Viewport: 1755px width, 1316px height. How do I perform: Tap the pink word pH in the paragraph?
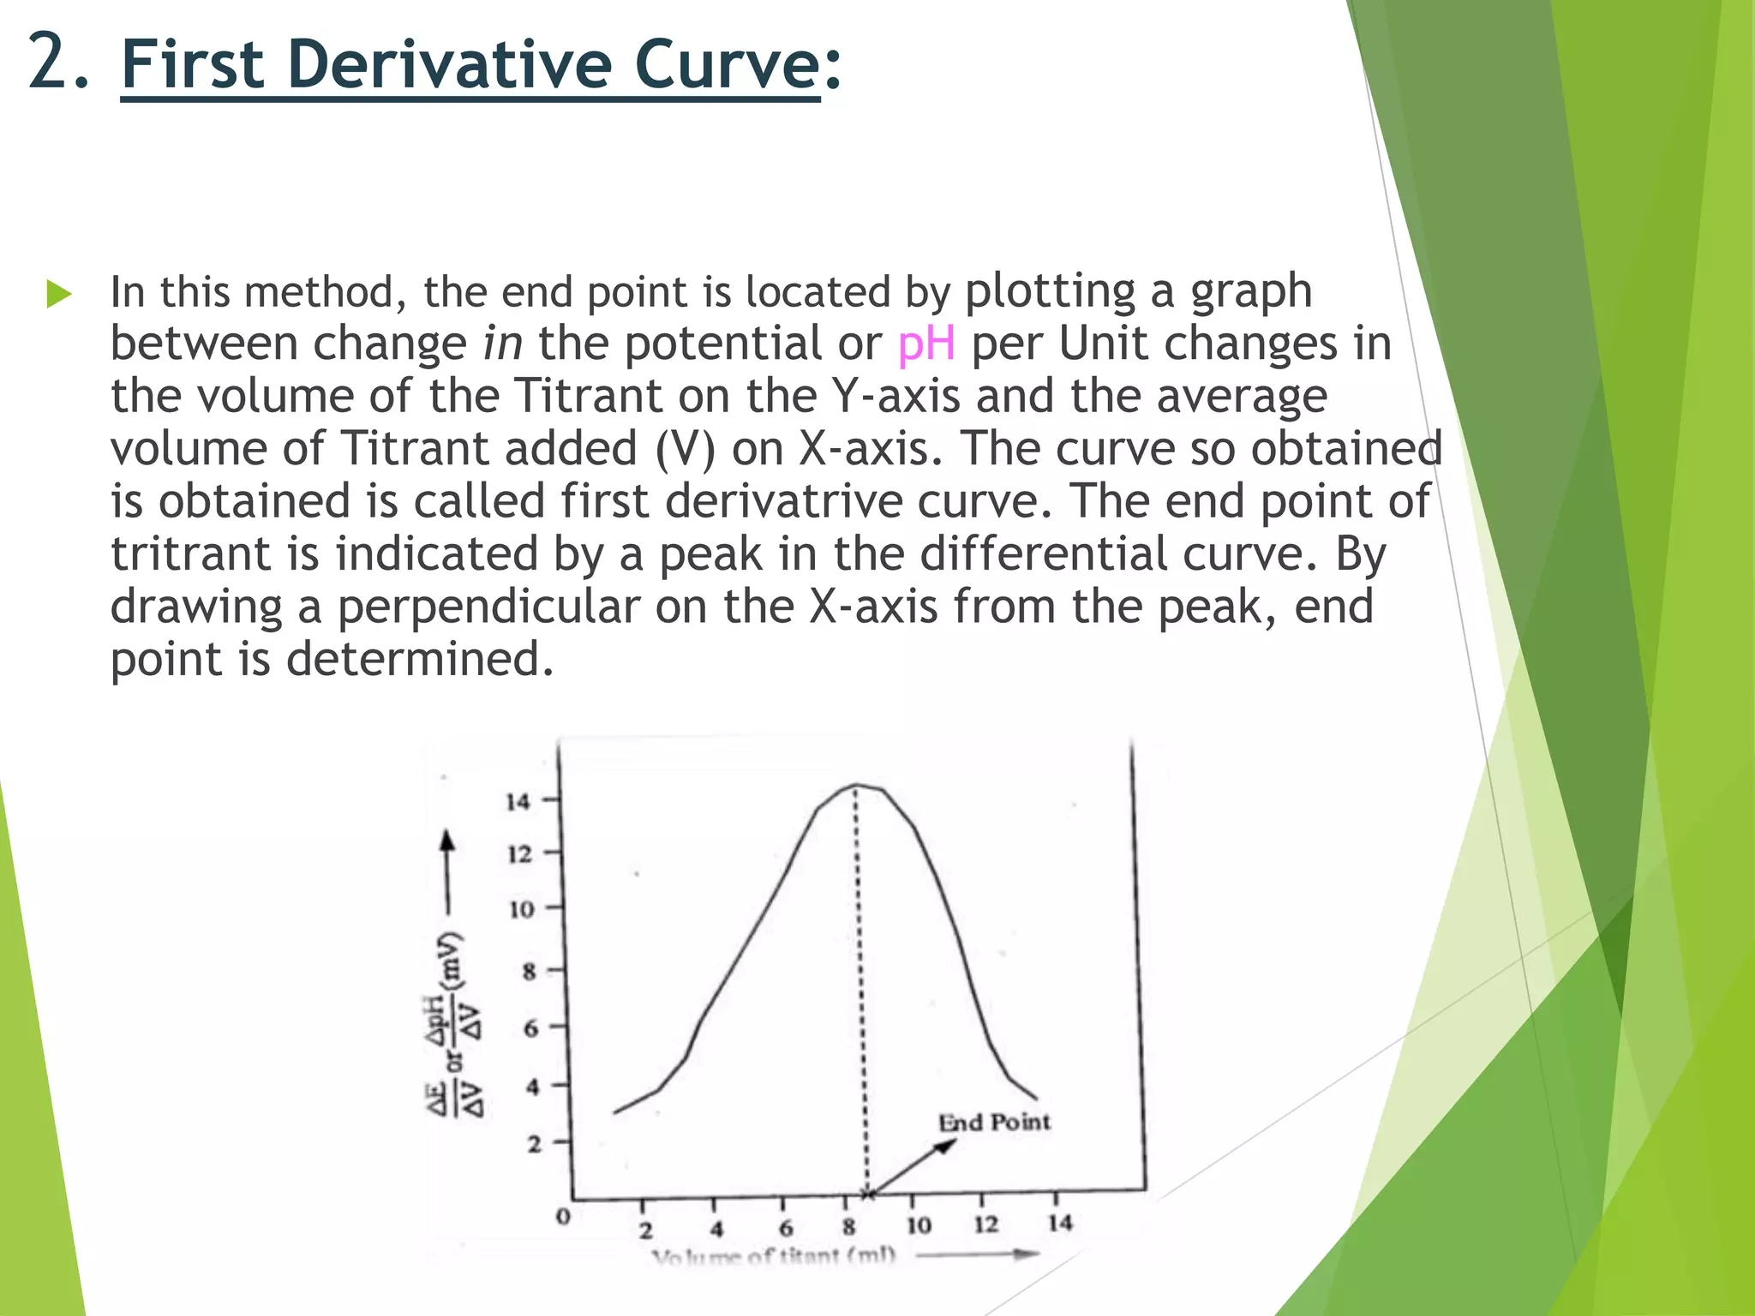pos(925,344)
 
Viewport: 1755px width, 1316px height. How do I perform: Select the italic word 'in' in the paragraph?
pos(502,344)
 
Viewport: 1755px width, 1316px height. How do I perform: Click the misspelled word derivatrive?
pos(783,501)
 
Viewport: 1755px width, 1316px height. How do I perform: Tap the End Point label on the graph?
pos(994,1122)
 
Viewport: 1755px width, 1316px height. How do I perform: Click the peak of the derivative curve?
pos(855,786)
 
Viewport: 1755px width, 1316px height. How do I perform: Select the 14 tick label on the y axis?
pos(518,802)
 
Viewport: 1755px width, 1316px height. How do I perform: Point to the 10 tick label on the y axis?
pos(521,909)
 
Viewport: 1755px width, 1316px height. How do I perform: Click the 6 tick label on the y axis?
pos(531,1028)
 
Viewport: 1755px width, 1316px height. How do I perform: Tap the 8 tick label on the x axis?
pos(848,1227)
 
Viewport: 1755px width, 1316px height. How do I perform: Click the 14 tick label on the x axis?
pos(1059,1223)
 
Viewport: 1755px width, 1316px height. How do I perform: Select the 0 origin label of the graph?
pos(563,1216)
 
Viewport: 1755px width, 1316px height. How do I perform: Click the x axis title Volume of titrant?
pos(773,1257)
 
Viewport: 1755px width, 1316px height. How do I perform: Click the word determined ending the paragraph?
pos(419,660)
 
